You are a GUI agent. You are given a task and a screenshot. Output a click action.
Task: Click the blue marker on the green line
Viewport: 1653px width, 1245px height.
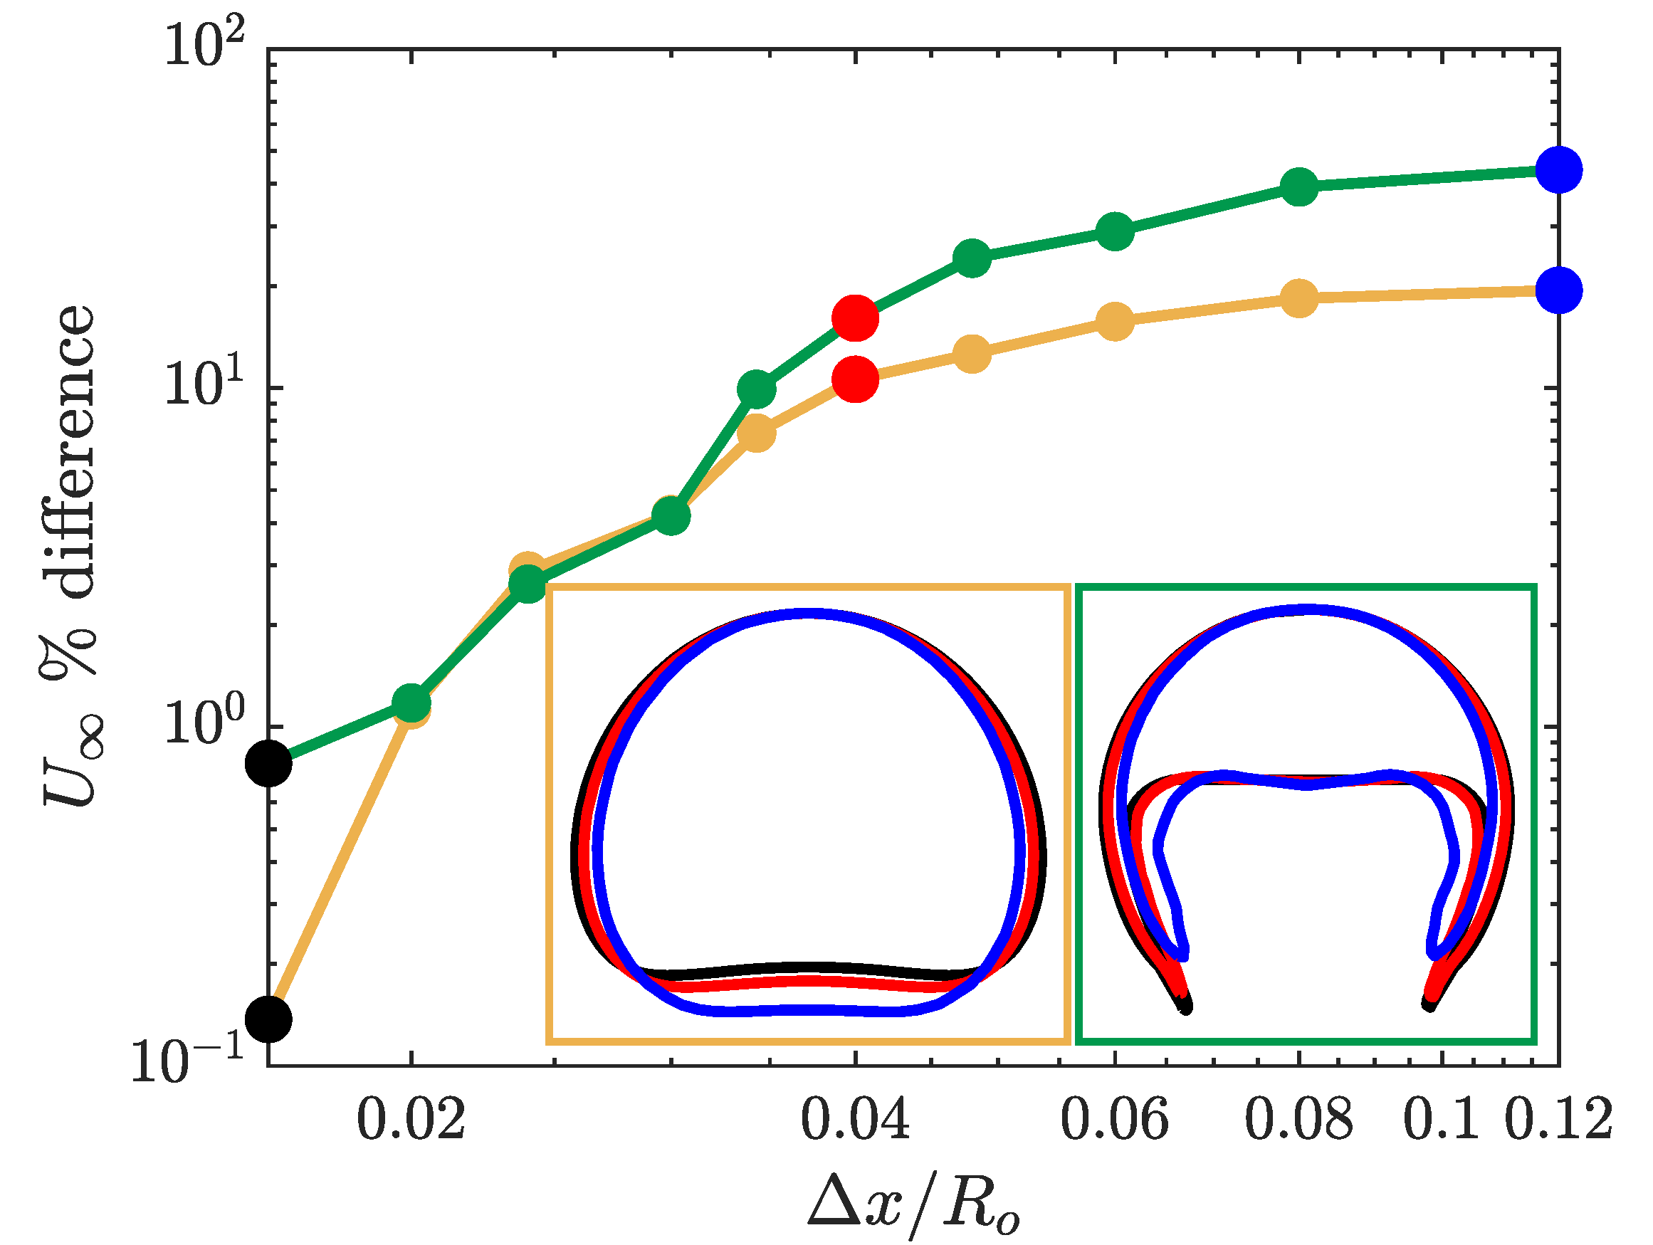(x=1559, y=170)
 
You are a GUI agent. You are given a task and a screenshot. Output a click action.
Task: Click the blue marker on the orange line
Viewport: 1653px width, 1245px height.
(x=1559, y=290)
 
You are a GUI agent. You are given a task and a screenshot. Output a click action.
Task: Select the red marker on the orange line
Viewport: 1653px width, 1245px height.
(x=855, y=379)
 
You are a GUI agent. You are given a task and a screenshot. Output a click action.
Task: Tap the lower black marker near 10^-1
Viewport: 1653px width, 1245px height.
(x=269, y=1019)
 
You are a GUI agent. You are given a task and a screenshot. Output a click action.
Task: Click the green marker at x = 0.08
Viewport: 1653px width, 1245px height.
(x=1299, y=186)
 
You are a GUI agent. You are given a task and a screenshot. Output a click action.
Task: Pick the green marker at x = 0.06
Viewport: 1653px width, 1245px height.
(x=1115, y=231)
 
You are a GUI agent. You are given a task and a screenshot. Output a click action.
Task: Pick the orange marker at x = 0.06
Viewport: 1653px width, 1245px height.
(x=1115, y=322)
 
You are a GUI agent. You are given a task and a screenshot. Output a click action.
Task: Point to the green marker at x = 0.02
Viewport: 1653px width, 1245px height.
(x=411, y=702)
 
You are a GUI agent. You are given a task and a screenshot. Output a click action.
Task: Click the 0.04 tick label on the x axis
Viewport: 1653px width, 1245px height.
(x=855, y=1120)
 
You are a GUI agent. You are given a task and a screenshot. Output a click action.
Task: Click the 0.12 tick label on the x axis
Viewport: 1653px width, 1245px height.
(x=1558, y=1120)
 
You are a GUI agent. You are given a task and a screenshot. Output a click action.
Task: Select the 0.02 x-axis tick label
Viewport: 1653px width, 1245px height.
(x=411, y=1120)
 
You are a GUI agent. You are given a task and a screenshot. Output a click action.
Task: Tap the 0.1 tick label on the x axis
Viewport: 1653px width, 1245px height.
(x=1440, y=1120)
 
